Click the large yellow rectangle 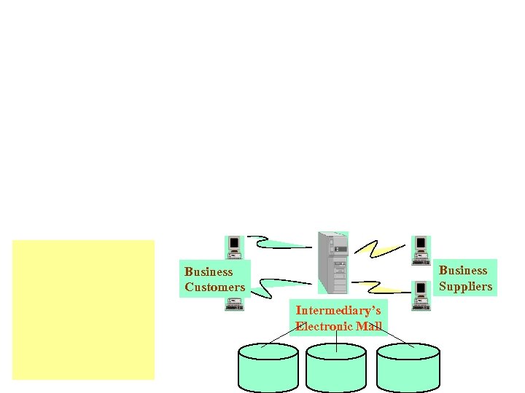tap(83, 309)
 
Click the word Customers tap(214, 287)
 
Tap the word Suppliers tap(465, 286)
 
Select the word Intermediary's tap(338, 311)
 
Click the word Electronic tap(324, 326)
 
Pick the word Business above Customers tap(209, 271)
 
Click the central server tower tap(333, 261)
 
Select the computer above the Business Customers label tap(234, 247)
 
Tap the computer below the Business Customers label tap(234, 303)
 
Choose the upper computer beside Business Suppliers tap(421, 247)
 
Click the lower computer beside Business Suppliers tap(421, 295)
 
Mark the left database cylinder tap(268, 368)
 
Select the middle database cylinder tap(335, 368)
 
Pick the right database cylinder tap(408, 368)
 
